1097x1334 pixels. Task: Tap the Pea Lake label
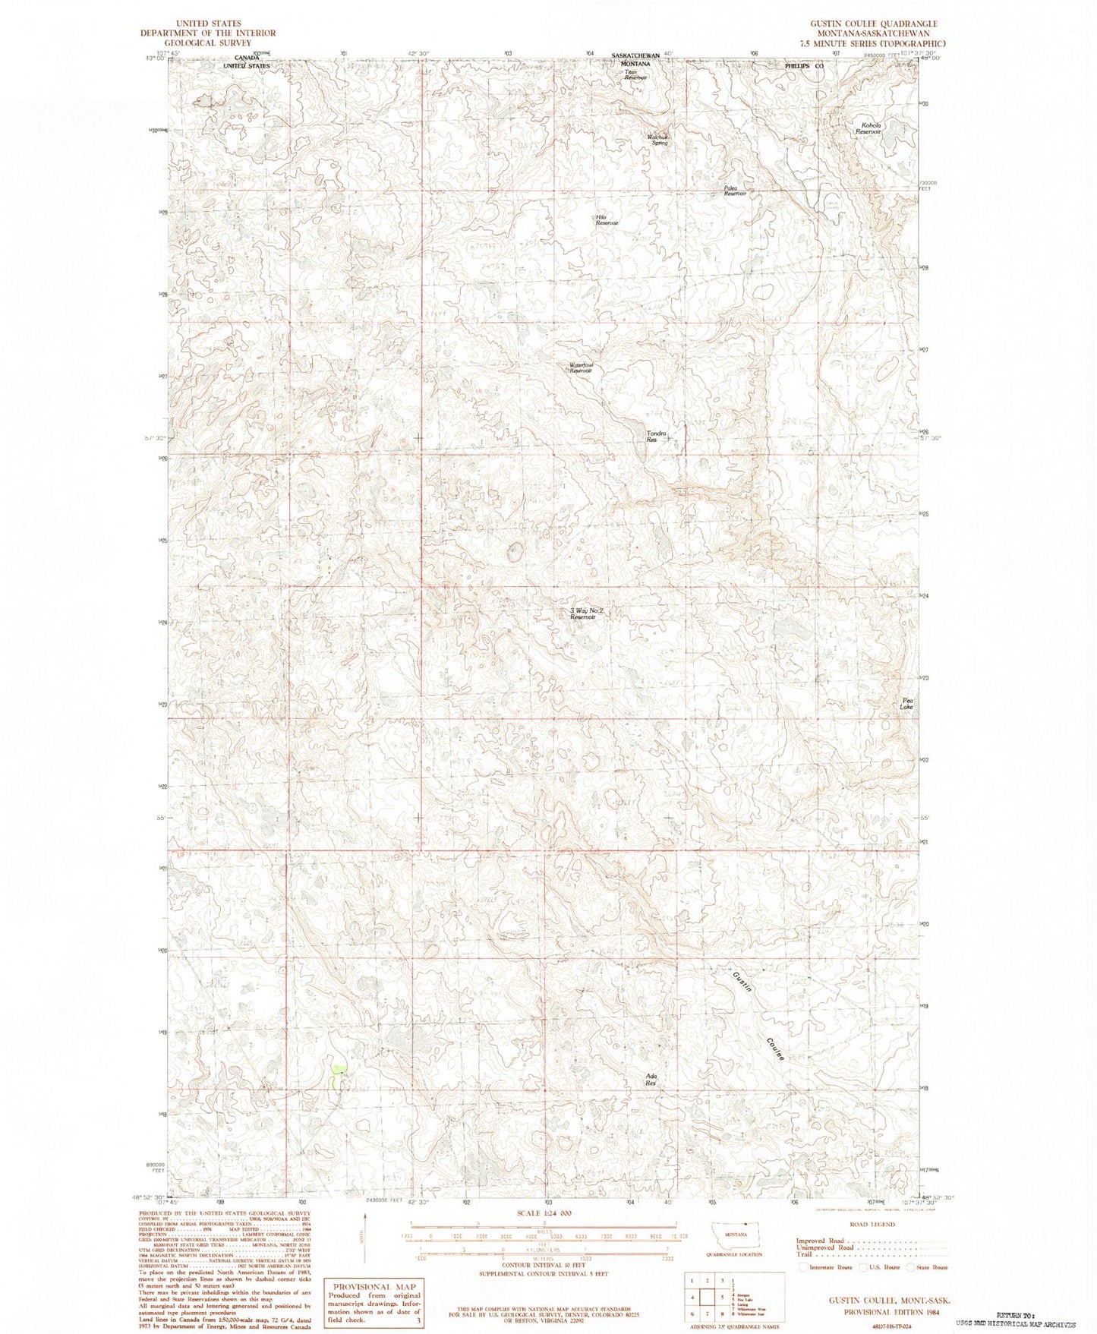tap(906, 703)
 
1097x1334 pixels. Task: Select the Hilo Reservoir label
tap(607, 219)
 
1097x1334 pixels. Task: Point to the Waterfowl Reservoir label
tap(581, 367)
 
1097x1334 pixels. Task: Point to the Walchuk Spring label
tap(657, 140)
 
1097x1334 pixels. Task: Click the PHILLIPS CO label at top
tap(804, 67)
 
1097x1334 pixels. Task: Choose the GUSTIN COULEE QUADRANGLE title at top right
tap(873, 24)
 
